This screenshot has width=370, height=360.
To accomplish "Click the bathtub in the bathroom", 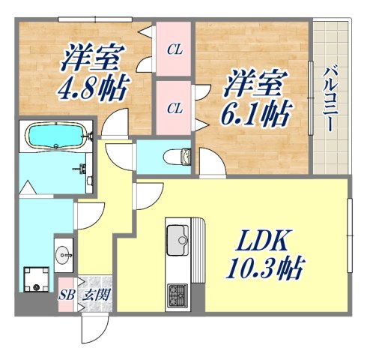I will (x=55, y=136).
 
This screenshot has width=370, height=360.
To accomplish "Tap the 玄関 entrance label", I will (x=95, y=295).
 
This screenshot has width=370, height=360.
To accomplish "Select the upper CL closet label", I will (x=175, y=51).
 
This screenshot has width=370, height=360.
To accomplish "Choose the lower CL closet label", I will (x=175, y=108).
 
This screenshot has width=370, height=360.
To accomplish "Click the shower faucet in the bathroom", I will (x=77, y=169).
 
